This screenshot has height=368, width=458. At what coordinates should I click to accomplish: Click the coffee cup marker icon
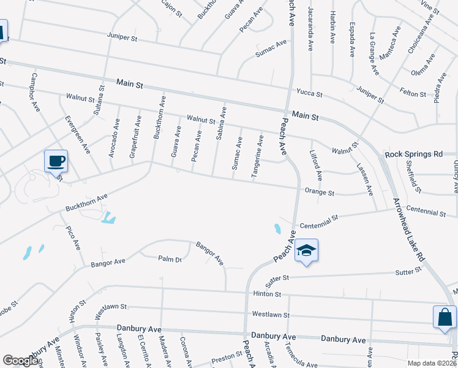(56, 161)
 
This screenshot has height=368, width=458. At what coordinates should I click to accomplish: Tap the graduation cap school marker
(306, 250)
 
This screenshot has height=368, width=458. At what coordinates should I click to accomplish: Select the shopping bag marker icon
(445, 317)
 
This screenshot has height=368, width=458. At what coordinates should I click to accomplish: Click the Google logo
(20, 361)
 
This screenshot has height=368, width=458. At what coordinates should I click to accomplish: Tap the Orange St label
(319, 193)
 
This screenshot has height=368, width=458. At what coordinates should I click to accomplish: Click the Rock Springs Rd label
(413, 155)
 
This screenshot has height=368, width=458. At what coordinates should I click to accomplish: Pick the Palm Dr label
(170, 259)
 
